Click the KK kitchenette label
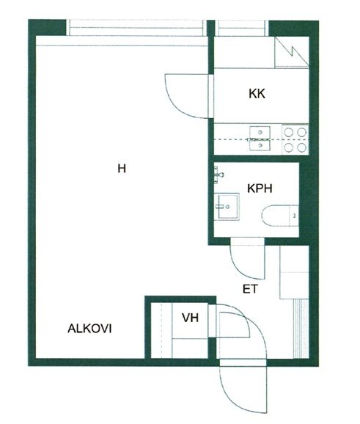[257, 94]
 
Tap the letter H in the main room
[122, 169]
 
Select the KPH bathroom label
[260, 189]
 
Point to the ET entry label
[250, 289]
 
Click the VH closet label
[191, 318]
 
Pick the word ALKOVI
[89, 329]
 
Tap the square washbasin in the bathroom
[227, 207]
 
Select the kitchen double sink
[260, 139]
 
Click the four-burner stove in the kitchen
[295, 139]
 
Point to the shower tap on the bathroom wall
[218, 175]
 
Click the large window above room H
[136, 28]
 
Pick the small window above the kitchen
[242, 28]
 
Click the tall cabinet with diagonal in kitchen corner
[292, 53]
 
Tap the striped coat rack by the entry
[301, 329]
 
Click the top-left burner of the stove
[289, 132]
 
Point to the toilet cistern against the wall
[294, 216]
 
